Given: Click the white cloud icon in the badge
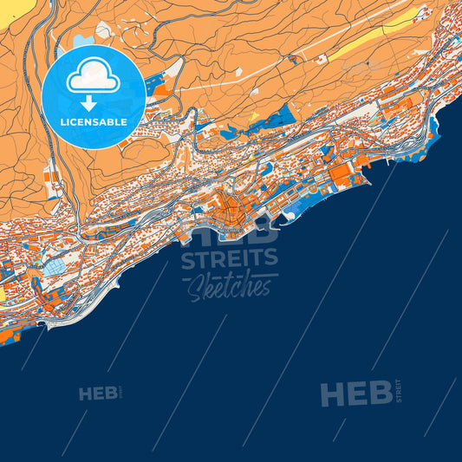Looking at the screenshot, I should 94,78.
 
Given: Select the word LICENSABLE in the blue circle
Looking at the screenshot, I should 94,122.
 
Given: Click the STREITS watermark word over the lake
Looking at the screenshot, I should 230,257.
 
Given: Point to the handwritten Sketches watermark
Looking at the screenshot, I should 230,287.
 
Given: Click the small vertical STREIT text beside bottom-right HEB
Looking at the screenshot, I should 398,389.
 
